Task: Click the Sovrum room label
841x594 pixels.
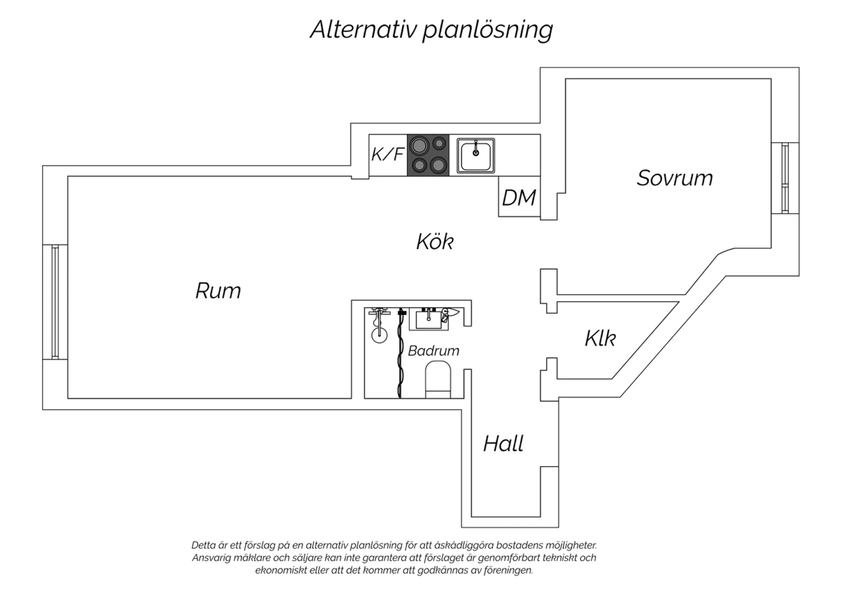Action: point(674,178)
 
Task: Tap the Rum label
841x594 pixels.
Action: point(218,290)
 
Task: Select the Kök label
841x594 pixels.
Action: point(435,242)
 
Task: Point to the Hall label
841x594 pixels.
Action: point(503,443)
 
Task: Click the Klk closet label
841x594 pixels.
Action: point(600,338)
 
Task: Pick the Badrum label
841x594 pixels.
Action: point(433,351)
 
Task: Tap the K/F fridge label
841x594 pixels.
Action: point(387,154)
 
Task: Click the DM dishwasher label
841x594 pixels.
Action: point(519,198)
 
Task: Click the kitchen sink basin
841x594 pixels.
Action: point(475,156)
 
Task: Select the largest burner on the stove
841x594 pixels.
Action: point(419,145)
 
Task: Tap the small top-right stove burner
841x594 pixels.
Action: point(439,143)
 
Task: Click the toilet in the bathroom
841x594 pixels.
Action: point(438,379)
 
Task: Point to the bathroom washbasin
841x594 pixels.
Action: point(428,319)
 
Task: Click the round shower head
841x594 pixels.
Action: point(379,335)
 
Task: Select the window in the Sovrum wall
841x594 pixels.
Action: point(785,178)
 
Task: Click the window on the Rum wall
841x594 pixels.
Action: point(55,301)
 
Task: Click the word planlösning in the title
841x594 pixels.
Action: point(488,30)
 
